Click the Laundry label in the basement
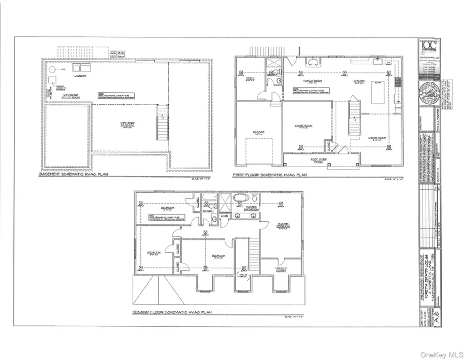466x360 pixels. pos(80,76)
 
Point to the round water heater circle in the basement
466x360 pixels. pos(52,68)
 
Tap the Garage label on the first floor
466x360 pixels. pos(258,132)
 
